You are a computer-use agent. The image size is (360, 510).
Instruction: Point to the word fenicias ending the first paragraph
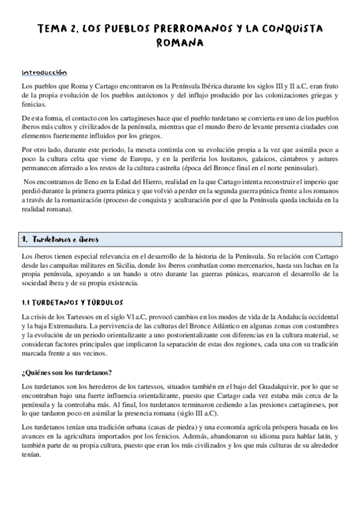click(31, 104)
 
